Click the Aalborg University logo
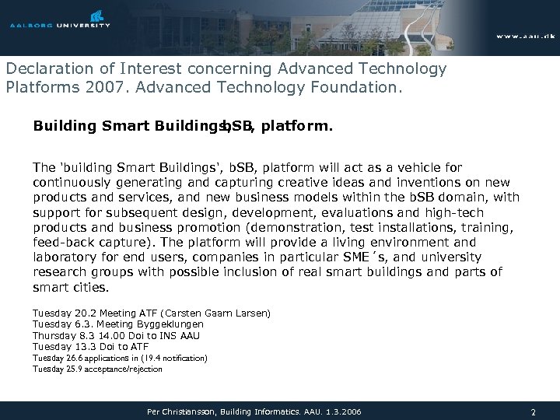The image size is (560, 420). tap(60, 20)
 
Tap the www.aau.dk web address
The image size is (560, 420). tap(525, 37)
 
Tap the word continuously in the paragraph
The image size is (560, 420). tap(71, 183)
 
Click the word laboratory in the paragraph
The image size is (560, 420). tap(65, 257)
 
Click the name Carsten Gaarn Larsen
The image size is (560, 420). tap(226, 313)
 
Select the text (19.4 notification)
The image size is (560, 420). tap(171, 358)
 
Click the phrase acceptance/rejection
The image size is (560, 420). tap(124, 369)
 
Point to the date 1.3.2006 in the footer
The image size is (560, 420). tap(341, 410)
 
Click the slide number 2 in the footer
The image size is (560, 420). tap(533, 410)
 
